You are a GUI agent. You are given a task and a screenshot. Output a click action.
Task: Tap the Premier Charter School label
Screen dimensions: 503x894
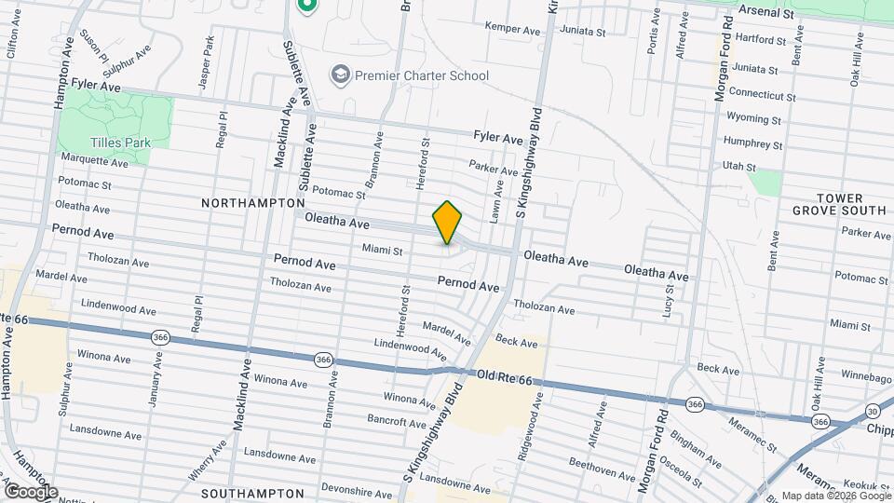point(422,75)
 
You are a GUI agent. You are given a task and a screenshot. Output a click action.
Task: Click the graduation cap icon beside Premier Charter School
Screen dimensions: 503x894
point(341,74)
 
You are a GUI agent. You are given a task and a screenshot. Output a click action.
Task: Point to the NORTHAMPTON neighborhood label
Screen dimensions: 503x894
point(252,202)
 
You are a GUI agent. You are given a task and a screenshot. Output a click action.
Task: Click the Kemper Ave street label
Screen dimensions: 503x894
point(512,30)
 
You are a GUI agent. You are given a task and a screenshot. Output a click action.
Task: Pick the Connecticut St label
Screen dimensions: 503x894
point(762,94)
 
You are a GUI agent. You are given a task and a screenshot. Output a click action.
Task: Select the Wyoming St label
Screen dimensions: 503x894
point(753,119)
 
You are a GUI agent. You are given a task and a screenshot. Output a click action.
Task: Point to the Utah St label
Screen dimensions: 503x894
point(738,166)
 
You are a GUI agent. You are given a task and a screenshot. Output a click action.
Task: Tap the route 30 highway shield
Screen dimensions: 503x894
point(873,411)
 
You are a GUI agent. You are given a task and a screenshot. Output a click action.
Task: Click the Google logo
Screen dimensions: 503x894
point(31,491)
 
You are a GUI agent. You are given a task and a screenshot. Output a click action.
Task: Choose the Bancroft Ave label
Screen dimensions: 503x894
point(397,421)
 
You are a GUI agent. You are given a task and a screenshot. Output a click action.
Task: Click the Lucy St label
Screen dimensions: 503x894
point(669,299)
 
